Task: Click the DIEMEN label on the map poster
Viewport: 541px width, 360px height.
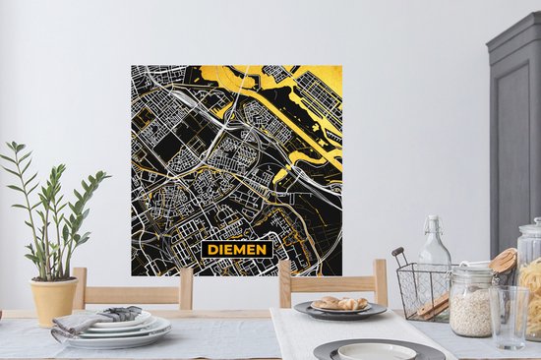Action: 237,249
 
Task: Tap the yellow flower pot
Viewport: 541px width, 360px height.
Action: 53,299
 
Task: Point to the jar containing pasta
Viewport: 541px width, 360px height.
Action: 532,285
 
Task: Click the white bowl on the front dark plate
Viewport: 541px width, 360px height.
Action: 377,351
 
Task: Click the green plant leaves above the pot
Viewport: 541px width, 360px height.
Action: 49,207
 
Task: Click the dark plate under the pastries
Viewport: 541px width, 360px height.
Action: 339,312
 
